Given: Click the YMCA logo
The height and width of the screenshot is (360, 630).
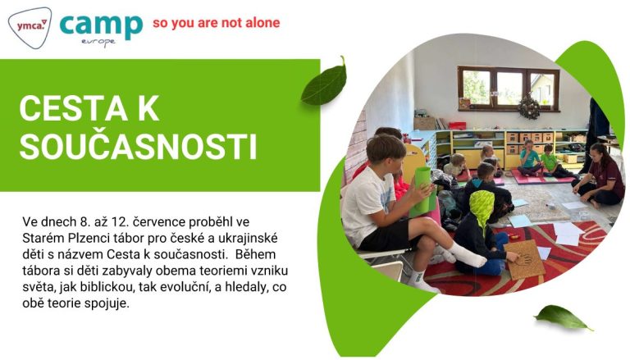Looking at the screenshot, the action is click(30, 27).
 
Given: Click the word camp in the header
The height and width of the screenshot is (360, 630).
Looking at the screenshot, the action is click(101, 26).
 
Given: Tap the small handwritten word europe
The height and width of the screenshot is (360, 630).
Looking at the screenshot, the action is click(98, 42).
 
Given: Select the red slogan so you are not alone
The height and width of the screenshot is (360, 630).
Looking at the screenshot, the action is click(217, 23).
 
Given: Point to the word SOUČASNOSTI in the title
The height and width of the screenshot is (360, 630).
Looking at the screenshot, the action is click(138, 147).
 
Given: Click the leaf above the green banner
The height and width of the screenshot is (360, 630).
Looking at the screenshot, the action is click(324, 83).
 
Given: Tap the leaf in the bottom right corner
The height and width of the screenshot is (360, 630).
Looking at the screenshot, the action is click(564, 317).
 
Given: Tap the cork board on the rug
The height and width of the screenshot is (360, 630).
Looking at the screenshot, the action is click(524, 259).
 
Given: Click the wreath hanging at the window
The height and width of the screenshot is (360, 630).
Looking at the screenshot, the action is click(529, 107).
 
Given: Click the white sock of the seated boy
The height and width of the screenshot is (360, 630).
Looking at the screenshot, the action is click(466, 256).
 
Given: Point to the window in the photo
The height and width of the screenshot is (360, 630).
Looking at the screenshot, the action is click(509, 89).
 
